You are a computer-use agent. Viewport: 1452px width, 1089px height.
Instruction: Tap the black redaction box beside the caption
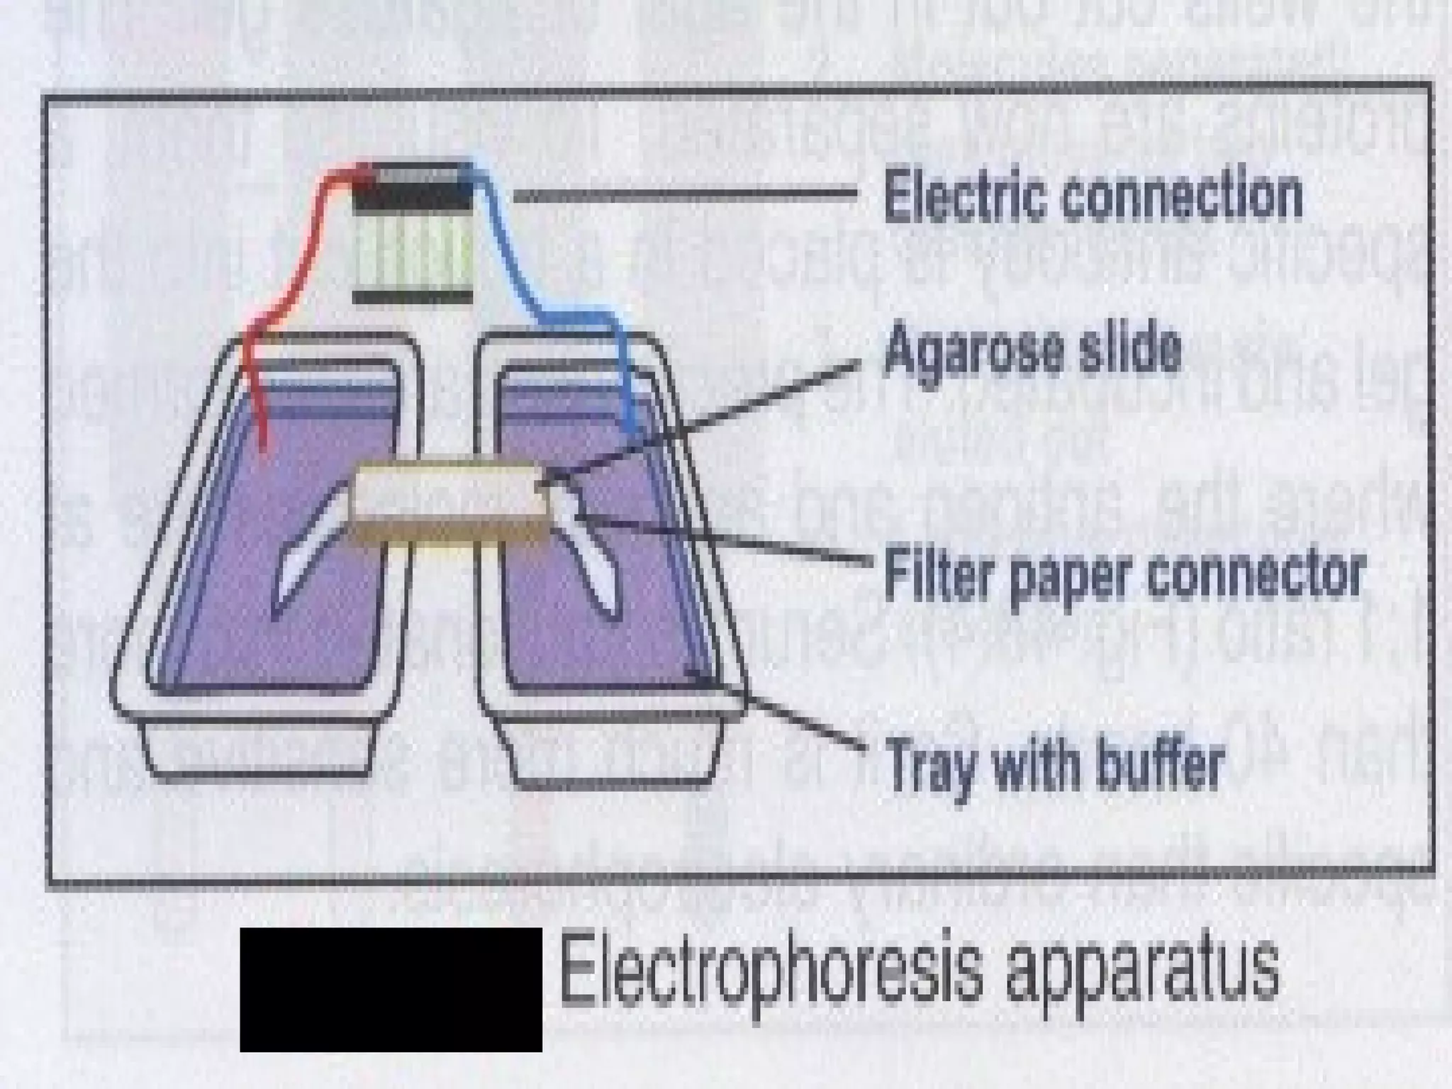391,989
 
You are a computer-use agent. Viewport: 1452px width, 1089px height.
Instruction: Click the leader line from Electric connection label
684,195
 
